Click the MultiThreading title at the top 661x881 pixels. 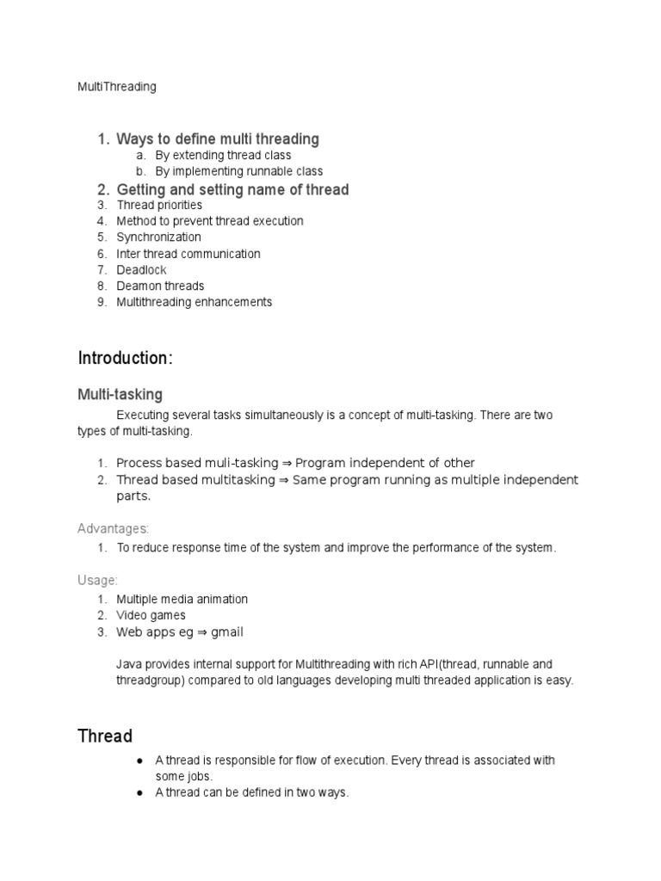(x=117, y=87)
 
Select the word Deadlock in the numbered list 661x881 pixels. (x=142, y=270)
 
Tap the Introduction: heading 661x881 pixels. (x=126, y=359)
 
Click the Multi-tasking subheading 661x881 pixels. (x=120, y=395)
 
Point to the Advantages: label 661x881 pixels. (x=114, y=528)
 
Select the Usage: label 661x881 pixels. (x=97, y=581)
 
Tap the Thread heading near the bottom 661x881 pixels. (x=105, y=736)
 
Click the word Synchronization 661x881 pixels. (x=159, y=237)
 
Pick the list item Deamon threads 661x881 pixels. (x=161, y=286)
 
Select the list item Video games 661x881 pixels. (x=151, y=616)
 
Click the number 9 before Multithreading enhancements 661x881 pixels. (x=101, y=303)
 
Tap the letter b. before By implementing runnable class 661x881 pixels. (x=141, y=172)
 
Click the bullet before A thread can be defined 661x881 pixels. (x=139, y=793)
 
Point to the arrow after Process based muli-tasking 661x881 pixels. (x=287, y=463)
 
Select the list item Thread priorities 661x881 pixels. (x=160, y=206)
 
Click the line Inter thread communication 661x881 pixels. (x=188, y=254)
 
